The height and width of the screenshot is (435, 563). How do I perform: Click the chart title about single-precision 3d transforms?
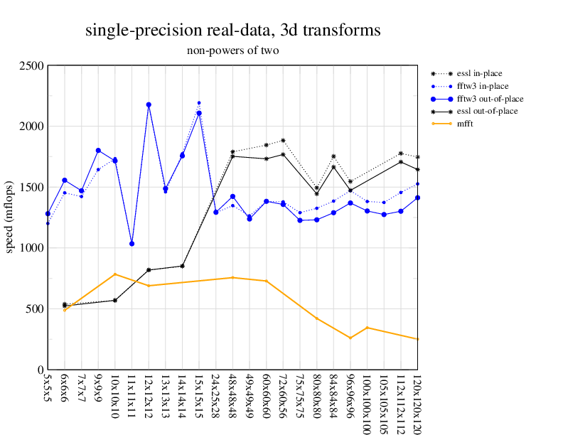(232, 31)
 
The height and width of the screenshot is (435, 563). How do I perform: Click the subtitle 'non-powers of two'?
(232, 50)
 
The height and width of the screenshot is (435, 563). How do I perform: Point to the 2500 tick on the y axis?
(31, 66)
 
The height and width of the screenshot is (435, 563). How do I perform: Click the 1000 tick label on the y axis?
(31, 248)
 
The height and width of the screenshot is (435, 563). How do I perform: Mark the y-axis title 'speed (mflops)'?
(11, 217)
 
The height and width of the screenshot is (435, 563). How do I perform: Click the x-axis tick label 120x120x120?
(417, 401)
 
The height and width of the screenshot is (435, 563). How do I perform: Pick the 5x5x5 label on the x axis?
(48, 392)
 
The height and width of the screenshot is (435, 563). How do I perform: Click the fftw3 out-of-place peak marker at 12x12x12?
(149, 104)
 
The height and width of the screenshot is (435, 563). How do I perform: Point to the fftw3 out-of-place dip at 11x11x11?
(132, 244)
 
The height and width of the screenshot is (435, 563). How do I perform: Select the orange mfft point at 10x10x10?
(115, 274)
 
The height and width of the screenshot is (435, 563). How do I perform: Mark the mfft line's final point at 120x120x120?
(417, 339)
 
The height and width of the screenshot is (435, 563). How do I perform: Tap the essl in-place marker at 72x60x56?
(283, 141)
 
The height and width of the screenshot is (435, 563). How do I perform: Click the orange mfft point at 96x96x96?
(350, 338)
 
